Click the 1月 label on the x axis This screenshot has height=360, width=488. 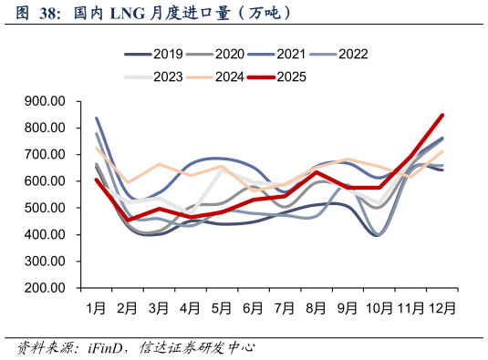pos(97,308)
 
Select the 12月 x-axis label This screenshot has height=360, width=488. pos(441,308)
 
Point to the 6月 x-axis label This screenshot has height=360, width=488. pos(253,308)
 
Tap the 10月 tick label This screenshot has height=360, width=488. pos(379,308)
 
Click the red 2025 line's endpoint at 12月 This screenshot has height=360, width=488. pos(442,116)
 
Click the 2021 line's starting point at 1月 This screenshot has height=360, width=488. pos(97,118)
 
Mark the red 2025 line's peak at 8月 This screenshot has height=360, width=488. pos(317,172)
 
